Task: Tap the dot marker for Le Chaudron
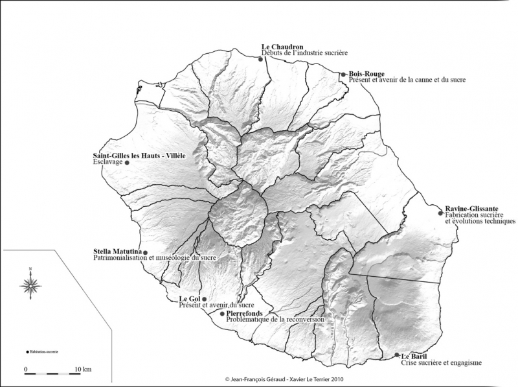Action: (x=260, y=59)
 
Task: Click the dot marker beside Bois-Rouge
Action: (x=343, y=75)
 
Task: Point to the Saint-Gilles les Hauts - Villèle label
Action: (x=139, y=156)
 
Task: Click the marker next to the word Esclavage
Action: (x=127, y=163)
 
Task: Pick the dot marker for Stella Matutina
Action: (x=145, y=253)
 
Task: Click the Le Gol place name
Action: (x=189, y=299)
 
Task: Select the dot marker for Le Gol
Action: (x=205, y=299)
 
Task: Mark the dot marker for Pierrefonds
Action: (x=222, y=314)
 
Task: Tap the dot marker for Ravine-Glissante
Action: (x=440, y=213)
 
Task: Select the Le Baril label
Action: (x=414, y=357)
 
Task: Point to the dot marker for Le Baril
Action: (x=397, y=355)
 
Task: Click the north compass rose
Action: (x=31, y=283)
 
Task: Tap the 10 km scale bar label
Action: (x=82, y=369)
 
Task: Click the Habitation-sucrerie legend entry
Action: (x=43, y=351)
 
